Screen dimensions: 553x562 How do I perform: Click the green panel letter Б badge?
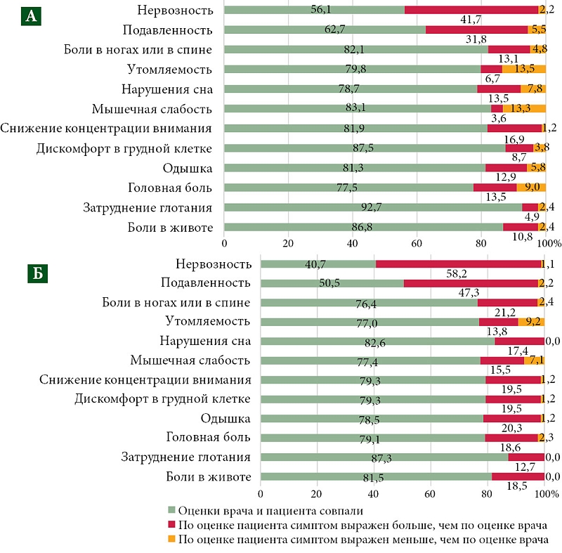39,272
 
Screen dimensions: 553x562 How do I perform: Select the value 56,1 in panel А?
323,9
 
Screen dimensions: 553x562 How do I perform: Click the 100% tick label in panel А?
549,243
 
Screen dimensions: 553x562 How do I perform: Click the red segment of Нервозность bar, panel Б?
458,264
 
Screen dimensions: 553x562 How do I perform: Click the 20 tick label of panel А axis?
287,243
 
